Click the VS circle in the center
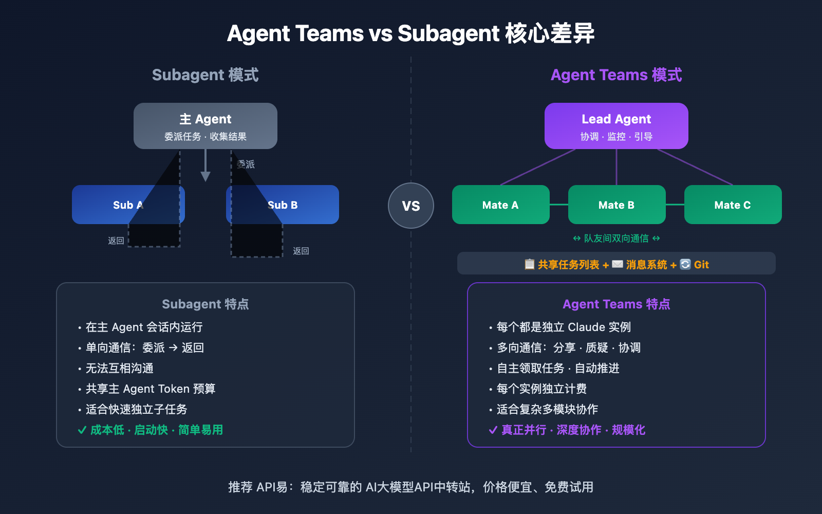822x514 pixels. coord(411,206)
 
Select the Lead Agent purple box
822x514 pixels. coord(616,126)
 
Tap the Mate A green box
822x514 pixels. coord(500,205)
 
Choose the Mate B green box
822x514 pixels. coord(616,205)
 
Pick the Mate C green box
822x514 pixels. coord(733,205)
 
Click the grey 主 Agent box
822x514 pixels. coord(206,126)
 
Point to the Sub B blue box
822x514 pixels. coord(303,205)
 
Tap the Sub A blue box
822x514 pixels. coord(103,205)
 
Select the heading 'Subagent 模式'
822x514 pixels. coord(206,75)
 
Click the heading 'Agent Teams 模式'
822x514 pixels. coord(616,75)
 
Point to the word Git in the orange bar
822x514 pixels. coord(701,265)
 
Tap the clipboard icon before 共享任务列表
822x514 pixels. coord(529,264)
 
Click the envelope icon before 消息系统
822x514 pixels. coord(618,264)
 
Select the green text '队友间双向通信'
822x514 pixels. coord(616,238)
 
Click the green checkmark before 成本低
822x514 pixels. coord(82,430)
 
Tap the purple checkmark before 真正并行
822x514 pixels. coord(493,430)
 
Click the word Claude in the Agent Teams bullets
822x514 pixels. coord(586,327)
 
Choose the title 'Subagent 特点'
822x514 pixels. coord(206,304)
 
